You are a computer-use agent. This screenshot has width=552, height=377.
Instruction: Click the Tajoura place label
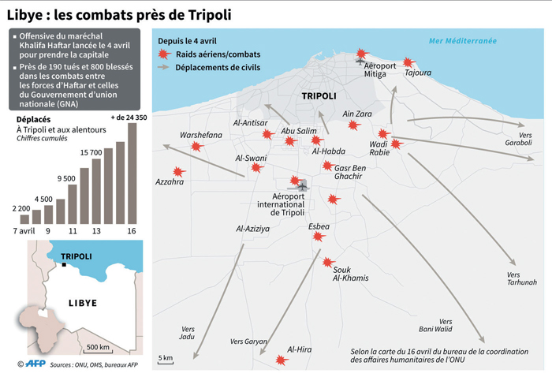(418, 73)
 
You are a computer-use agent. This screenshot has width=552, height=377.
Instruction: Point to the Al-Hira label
(300, 349)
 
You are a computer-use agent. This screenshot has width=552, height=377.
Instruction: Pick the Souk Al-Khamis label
(350, 274)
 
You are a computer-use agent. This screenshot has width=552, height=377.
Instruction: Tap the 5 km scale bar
(166, 363)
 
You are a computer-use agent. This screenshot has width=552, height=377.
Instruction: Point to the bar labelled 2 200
(24, 219)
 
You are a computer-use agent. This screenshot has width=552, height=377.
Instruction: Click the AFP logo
(33, 364)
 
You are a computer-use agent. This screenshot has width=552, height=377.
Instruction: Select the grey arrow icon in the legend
(164, 67)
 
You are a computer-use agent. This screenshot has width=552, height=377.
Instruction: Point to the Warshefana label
(201, 135)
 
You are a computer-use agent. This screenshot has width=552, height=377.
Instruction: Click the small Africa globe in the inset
(36, 324)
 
